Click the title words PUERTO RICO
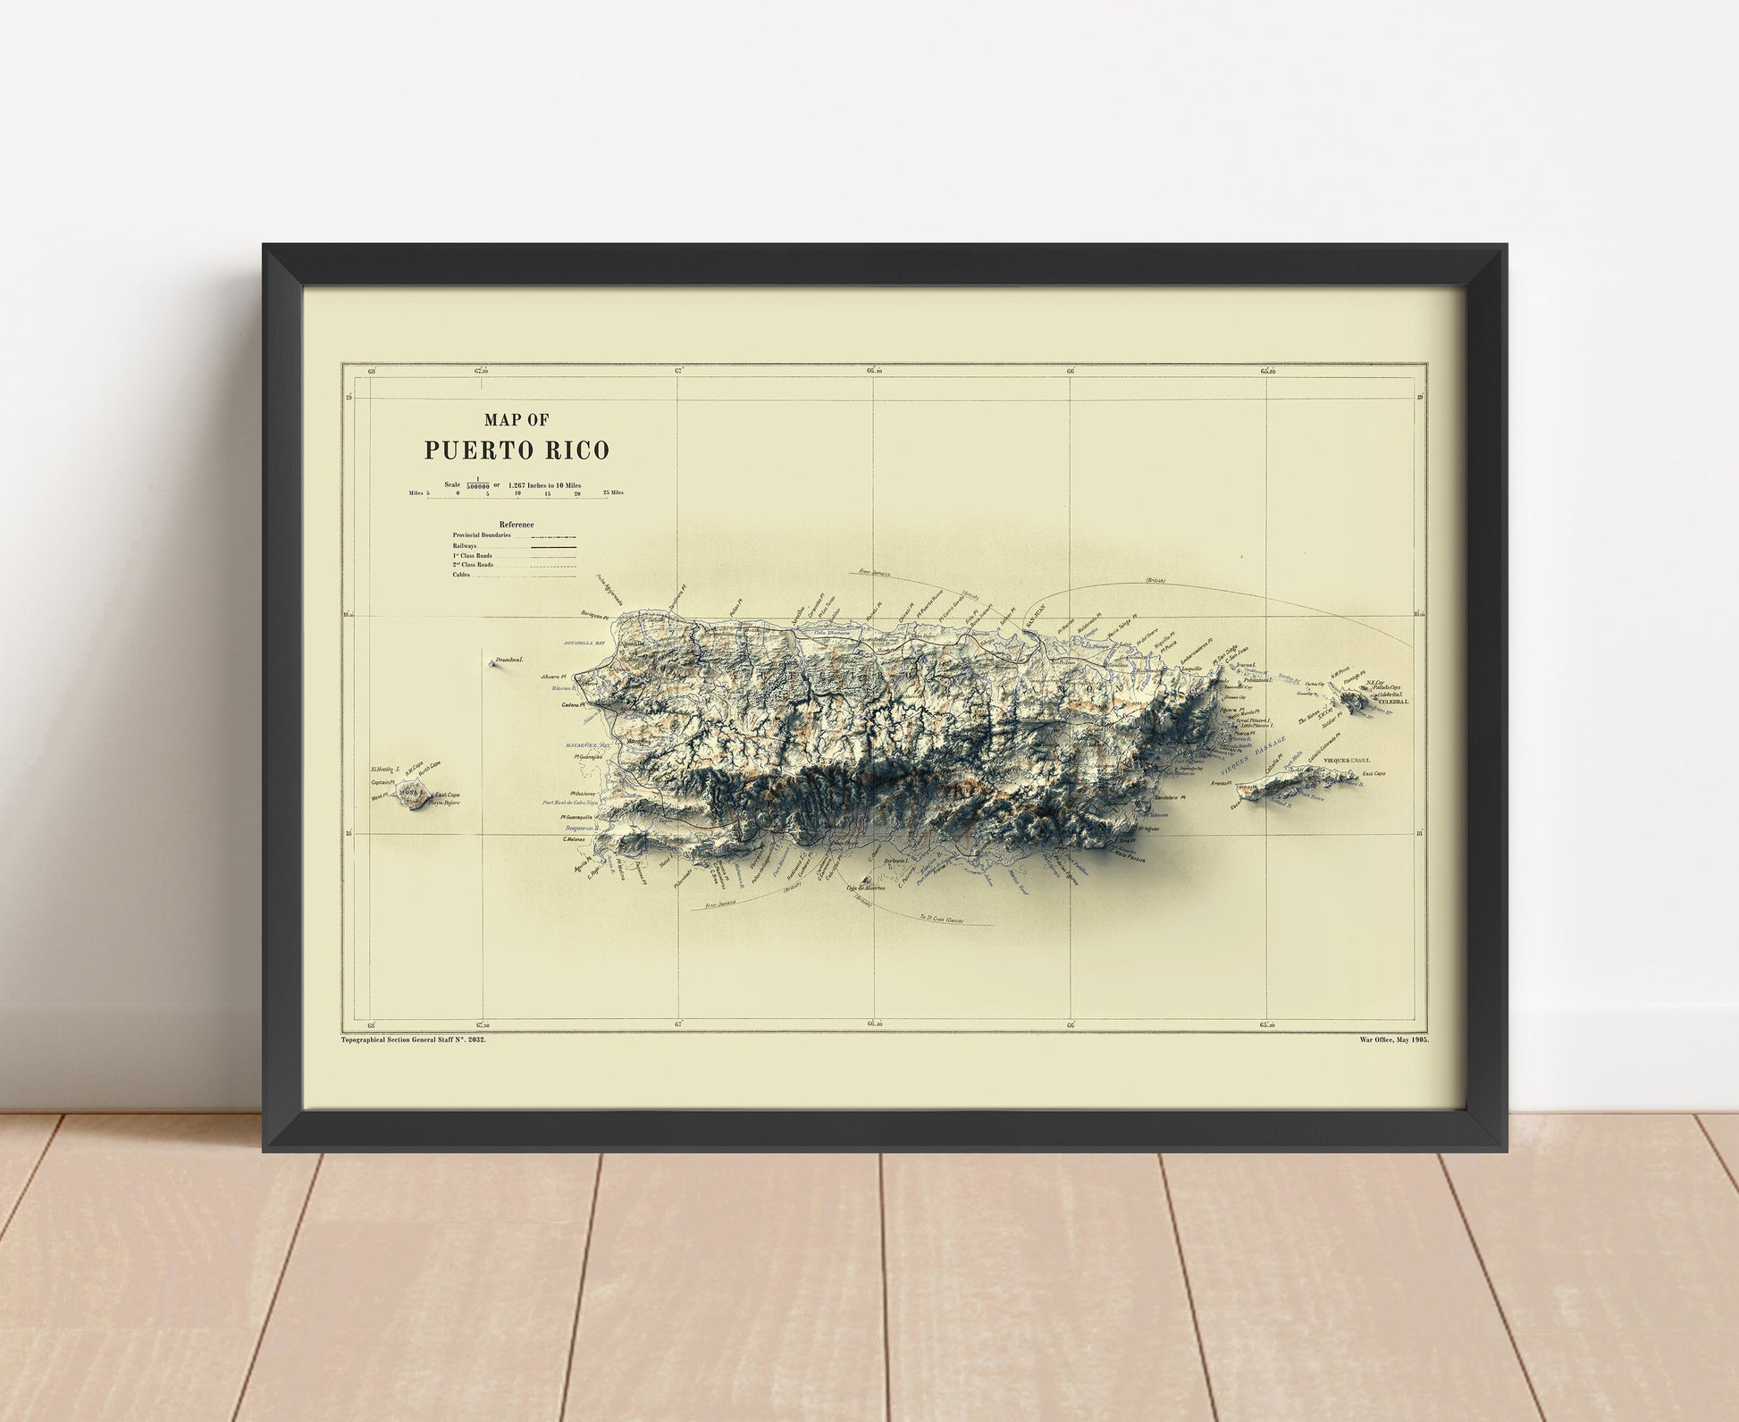coord(517,449)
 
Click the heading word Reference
coord(517,525)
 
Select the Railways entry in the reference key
coord(465,545)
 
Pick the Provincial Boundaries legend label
coord(482,534)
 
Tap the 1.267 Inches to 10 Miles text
coord(544,484)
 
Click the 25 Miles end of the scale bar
coord(613,493)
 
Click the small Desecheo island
coord(493,664)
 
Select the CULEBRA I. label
coord(1393,702)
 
